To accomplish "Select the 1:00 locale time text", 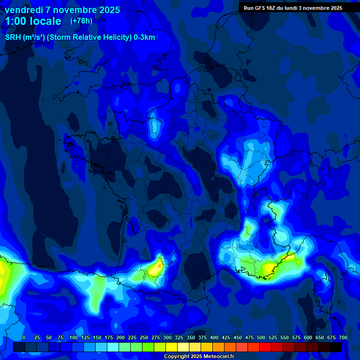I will pos(33,21).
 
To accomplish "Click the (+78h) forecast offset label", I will pos(81,21).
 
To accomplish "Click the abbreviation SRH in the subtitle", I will pos(13,37).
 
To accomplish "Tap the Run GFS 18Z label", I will pos(259,8).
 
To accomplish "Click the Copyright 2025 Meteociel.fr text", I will pos(199,357).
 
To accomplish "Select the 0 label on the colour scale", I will pos(24,337).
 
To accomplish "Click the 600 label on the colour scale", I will pos(307,337).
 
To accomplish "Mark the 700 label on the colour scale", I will pos(343,337).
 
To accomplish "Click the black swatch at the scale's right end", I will pos(336,347).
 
